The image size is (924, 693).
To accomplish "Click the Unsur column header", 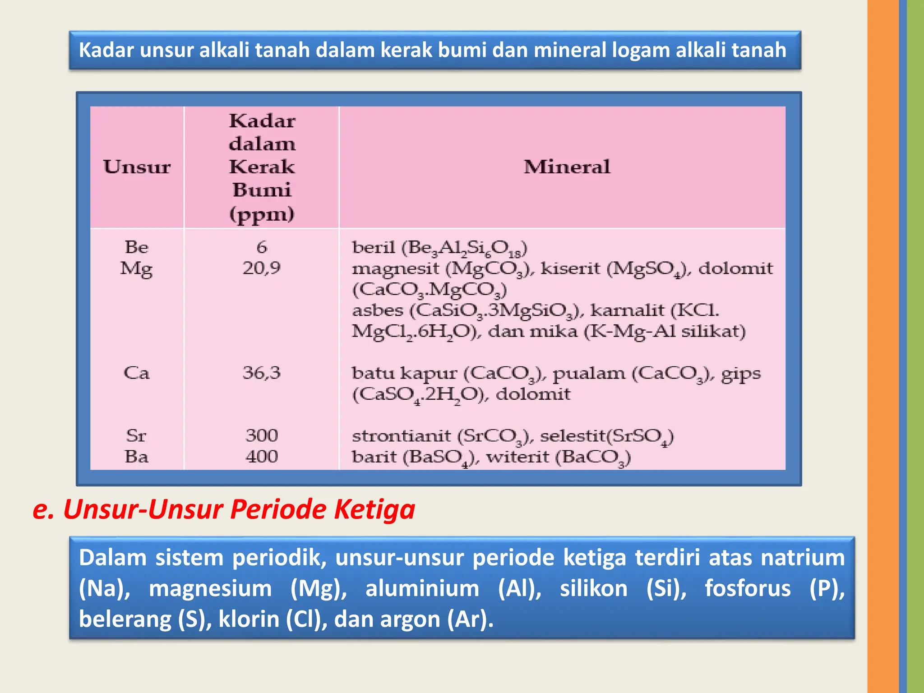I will pyautogui.click(x=137, y=167).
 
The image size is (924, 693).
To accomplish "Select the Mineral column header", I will pyautogui.click(x=567, y=167).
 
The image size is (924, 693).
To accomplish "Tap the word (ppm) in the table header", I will pyautogui.click(x=262, y=214).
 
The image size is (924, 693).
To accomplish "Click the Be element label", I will pyautogui.click(x=136, y=247).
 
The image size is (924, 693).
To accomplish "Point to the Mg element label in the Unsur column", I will pyautogui.click(x=136, y=269).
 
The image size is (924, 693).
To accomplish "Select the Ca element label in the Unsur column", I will pyautogui.click(x=136, y=373).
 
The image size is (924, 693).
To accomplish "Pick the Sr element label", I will pyautogui.click(x=136, y=436).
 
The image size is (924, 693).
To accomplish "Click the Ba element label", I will pyautogui.click(x=136, y=457).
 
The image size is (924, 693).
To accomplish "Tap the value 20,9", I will pyautogui.click(x=262, y=268).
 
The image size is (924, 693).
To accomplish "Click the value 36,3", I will pyautogui.click(x=262, y=373).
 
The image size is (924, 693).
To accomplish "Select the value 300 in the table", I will pyautogui.click(x=262, y=436).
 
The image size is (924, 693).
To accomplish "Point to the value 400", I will pyautogui.click(x=262, y=457).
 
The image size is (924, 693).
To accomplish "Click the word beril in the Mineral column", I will pyautogui.click(x=374, y=247).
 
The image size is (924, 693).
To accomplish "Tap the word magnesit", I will pyautogui.click(x=395, y=269).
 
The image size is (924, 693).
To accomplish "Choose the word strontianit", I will pyautogui.click(x=401, y=436).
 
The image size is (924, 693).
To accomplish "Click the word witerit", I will pyautogui.click(x=517, y=457).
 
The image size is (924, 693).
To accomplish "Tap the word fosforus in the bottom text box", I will pyautogui.click(x=748, y=589).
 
